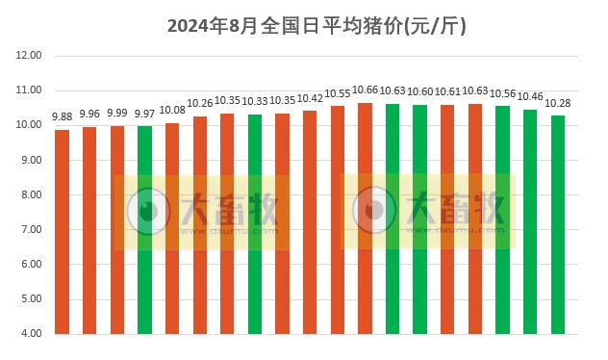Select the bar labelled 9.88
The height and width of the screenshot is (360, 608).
(x=62, y=231)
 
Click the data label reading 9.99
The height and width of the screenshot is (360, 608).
(x=117, y=113)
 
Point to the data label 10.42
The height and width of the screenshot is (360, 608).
(x=310, y=98)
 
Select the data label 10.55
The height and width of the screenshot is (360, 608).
(x=338, y=93)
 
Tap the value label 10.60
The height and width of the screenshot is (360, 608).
(x=420, y=91)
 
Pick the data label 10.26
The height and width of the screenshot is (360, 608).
(x=200, y=103)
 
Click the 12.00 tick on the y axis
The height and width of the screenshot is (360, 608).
(x=29, y=56)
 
